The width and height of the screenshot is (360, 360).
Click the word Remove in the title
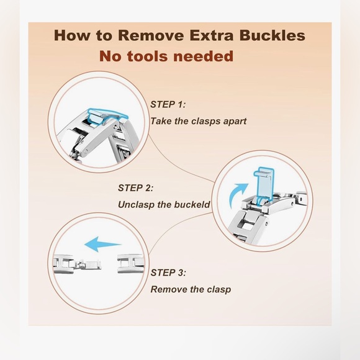click(x=151, y=35)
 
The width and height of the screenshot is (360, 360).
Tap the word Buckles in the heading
click(x=272, y=35)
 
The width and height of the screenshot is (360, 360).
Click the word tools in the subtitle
click(x=147, y=56)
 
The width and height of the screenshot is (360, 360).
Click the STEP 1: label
click(x=168, y=104)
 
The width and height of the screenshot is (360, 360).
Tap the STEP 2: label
click(x=135, y=188)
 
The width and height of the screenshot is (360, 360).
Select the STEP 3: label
click(x=168, y=272)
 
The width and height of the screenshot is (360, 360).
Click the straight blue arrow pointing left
click(x=103, y=245)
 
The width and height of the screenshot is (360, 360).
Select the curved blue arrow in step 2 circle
click(x=238, y=193)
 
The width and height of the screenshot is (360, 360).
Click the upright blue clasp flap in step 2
click(x=264, y=184)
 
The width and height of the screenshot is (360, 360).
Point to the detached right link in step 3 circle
click(x=130, y=264)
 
